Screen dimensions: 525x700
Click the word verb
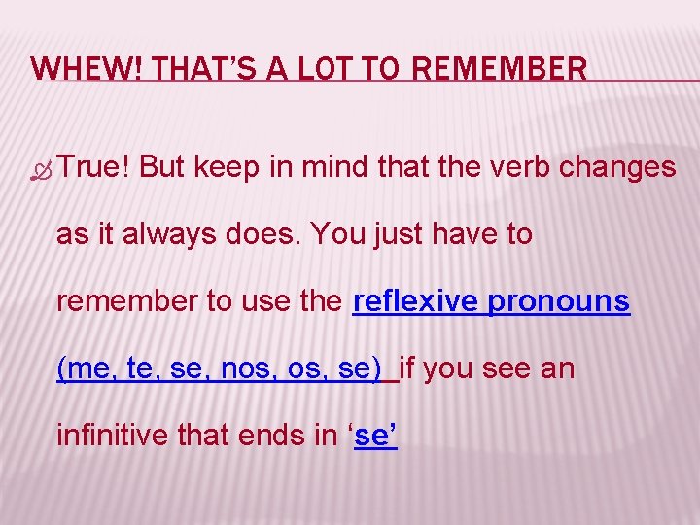point(539,167)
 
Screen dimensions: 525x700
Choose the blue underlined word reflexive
point(415,302)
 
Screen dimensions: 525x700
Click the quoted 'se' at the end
point(374,437)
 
